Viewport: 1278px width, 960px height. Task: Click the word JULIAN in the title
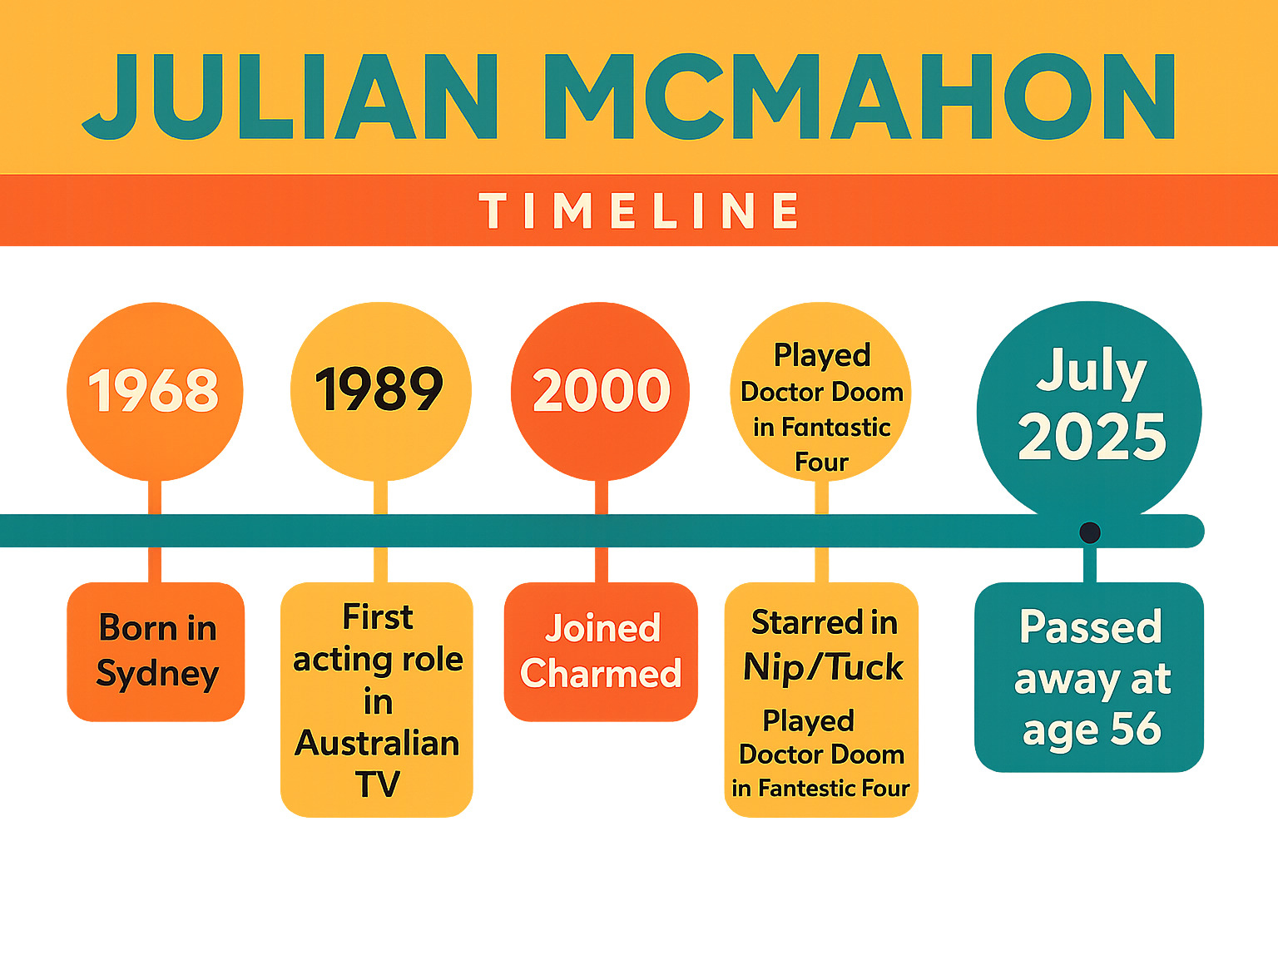[290, 96]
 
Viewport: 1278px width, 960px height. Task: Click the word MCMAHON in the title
[860, 96]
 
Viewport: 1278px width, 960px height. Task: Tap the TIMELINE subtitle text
[639, 210]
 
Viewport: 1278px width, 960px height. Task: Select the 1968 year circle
[155, 391]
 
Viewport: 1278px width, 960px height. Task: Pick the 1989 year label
[379, 389]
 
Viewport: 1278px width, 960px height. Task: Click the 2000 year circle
[600, 391]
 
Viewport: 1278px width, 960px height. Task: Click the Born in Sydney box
[156, 651]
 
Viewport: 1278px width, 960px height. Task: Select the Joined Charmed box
[601, 651]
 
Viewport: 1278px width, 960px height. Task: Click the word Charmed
[600, 674]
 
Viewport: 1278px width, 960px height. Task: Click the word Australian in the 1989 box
[377, 744]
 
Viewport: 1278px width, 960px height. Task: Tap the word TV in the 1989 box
[377, 784]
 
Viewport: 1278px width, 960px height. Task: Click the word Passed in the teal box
[1091, 627]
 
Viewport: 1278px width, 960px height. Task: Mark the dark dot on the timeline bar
[1090, 532]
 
